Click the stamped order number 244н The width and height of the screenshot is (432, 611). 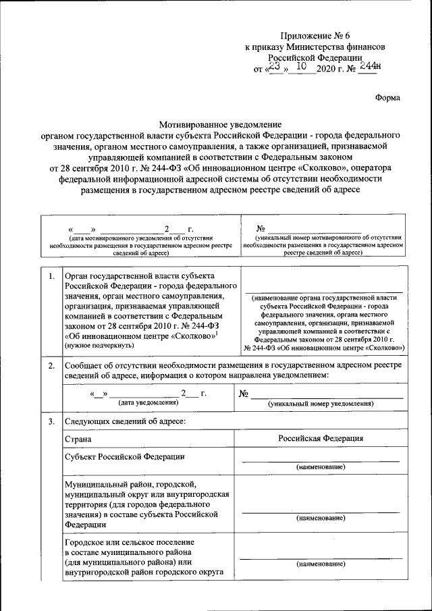[x=369, y=66]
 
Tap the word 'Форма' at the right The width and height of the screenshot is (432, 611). [x=387, y=97]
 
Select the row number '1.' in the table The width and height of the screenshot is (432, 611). [x=51, y=276]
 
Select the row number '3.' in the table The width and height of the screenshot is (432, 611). [x=51, y=422]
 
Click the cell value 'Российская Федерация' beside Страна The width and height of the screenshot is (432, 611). [x=321, y=438]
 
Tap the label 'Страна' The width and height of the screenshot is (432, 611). [x=78, y=439]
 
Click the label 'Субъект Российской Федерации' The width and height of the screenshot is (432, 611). [x=124, y=456]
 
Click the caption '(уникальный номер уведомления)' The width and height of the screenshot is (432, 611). [x=321, y=403]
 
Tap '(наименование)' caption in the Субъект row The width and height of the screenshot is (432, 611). [x=321, y=467]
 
